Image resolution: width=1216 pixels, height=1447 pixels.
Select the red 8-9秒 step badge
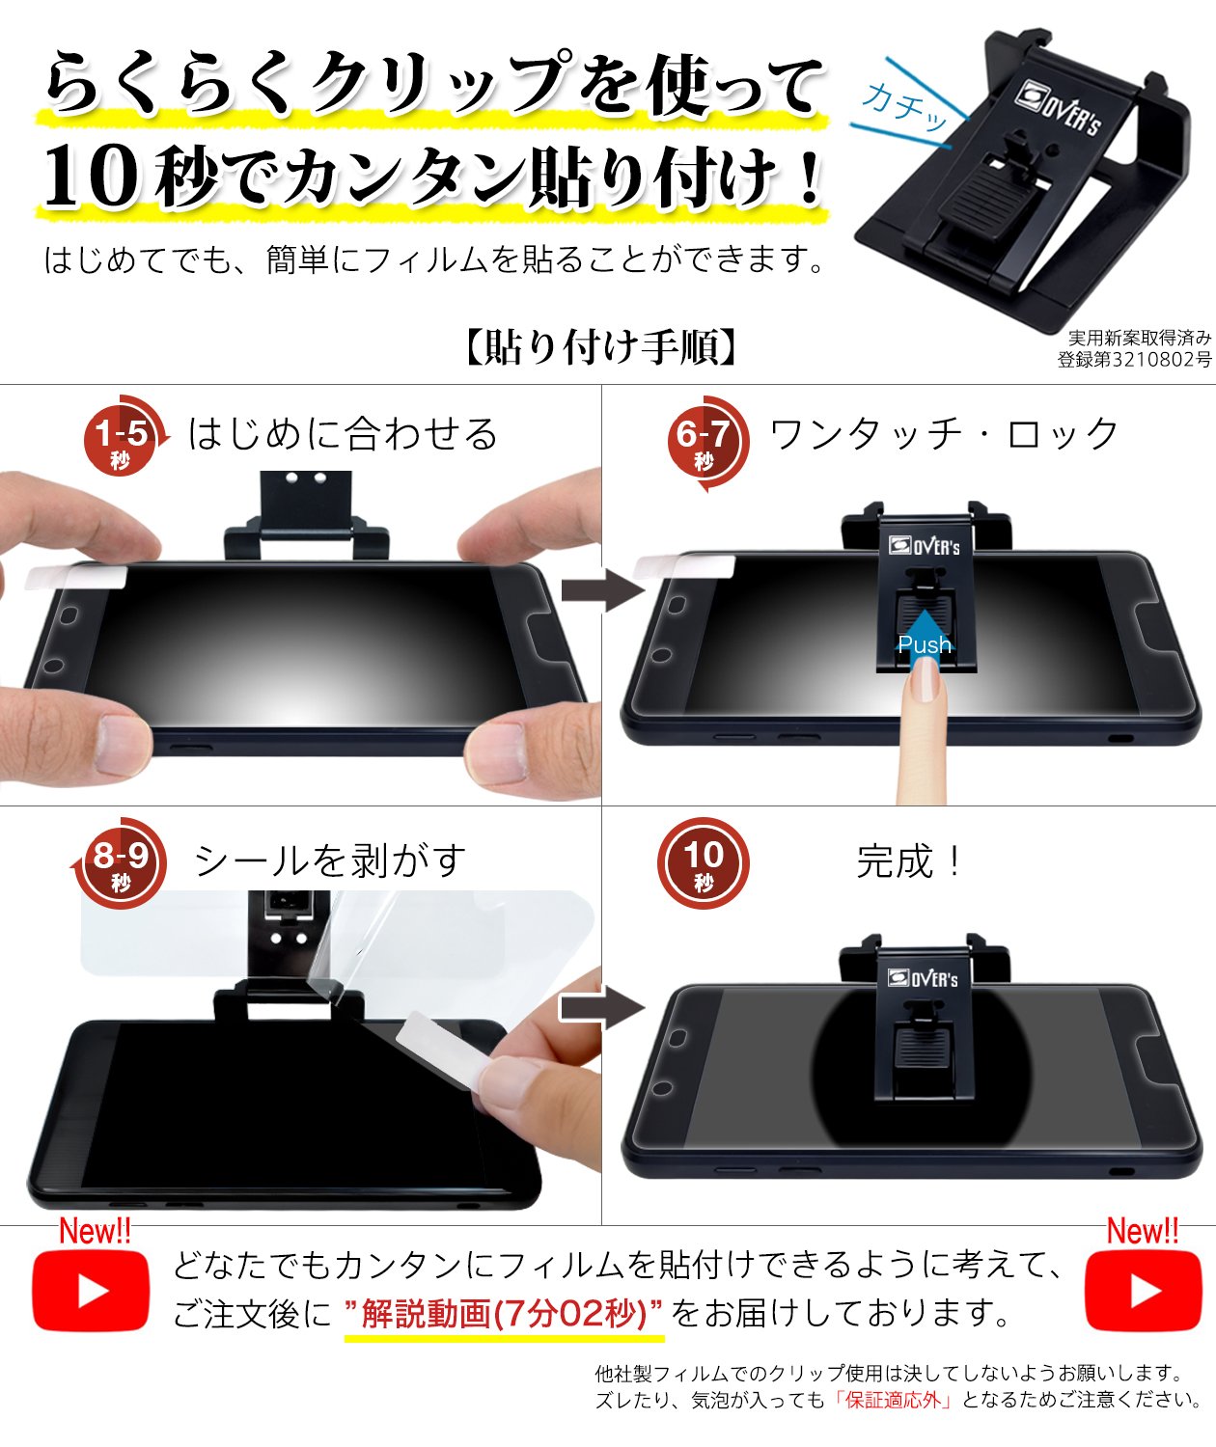pyautogui.click(x=120, y=862)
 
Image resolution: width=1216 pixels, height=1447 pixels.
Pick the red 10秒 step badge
pyautogui.click(x=703, y=862)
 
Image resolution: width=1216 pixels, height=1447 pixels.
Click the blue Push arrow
pyautogui.click(x=925, y=639)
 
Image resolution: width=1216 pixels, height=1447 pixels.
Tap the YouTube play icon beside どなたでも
pyautogui.click(x=91, y=1291)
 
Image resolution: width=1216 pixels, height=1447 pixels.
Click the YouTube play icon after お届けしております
pyautogui.click(x=1143, y=1291)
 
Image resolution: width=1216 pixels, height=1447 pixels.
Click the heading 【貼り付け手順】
pyautogui.click(x=600, y=345)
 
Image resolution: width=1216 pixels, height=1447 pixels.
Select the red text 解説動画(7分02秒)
pyautogui.click(x=504, y=1313)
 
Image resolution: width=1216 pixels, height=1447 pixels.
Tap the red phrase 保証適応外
pyautogui.click(x=893, y=1400)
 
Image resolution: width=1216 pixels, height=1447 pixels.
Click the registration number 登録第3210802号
pyautogui.click(x=1134, y=359)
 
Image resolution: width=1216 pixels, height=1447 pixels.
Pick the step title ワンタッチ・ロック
pyautogui.click(x=944, y=434)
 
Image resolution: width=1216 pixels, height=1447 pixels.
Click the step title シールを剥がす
pyautogui.click(x=330, y=861)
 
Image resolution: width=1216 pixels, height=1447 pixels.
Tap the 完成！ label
pyautogui.click(x=909, y=861)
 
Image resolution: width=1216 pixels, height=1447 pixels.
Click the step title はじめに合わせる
pyautogui.click(x=343, y=434)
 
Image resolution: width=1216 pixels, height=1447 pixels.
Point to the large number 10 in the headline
pyautogui.click(x=92, y=175)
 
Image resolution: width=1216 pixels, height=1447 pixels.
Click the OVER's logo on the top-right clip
pyautogui.click(x=1058, y=110)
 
